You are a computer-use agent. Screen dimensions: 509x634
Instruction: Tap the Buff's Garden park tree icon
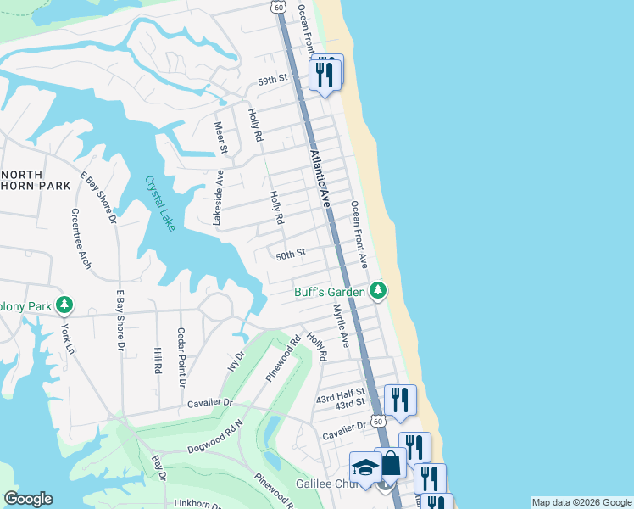pyautogui.click(x=378, y=292)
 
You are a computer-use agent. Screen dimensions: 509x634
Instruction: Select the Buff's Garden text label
pyautogui.click(x=330, y=292)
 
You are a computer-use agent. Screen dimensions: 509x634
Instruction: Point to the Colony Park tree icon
pyautogui.click(x=64, y=305)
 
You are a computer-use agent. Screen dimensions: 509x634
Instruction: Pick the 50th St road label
pyautogui.click(x=290, y=254)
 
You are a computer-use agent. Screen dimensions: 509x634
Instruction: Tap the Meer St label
pyautogui.click(x=222, y=138)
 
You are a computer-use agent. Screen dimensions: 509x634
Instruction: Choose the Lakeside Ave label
pyautogui.click(x=218, y=197)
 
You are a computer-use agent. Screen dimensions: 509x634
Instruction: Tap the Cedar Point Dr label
pyautogui.click(x=181, y=357)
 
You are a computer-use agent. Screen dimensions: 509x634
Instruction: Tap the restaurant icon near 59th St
pyautogui.click(x=325, y=75)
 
